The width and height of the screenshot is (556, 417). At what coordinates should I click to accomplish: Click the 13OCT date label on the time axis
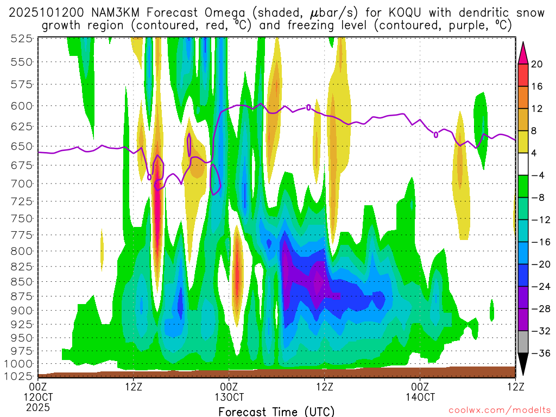pyautogui.click(x=229, y=397)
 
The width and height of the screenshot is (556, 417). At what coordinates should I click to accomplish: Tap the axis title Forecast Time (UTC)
pyautogui.click(x=276, y=412)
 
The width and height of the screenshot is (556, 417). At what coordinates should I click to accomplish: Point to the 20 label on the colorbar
pyautogui.click(x=537, y=64)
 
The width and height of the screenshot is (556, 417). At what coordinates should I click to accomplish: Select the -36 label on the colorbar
pyautogui.click(x=539, y=353)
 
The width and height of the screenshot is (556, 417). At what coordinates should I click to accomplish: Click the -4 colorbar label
pyautogui.click(x=538, y=175)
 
